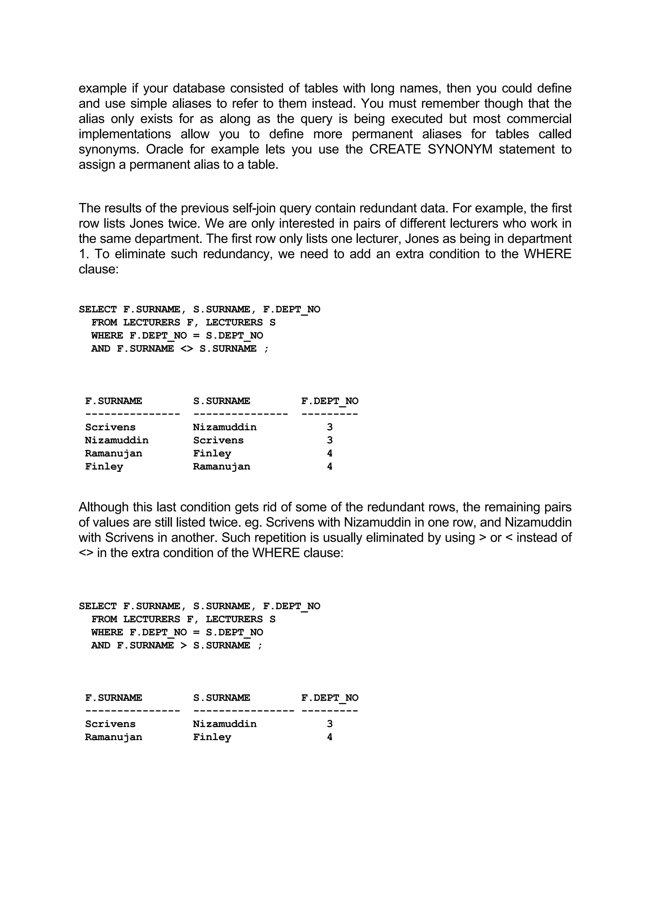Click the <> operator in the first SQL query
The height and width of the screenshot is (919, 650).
coord(187,349)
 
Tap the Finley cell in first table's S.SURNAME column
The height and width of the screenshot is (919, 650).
coord(212,453)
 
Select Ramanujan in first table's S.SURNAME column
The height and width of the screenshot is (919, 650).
coord(222,467)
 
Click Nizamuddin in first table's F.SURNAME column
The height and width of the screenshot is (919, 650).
coord(116,440)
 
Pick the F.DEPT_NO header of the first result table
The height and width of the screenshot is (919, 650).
coord(330,401)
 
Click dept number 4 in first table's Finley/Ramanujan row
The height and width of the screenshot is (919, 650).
coord(330,467)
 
